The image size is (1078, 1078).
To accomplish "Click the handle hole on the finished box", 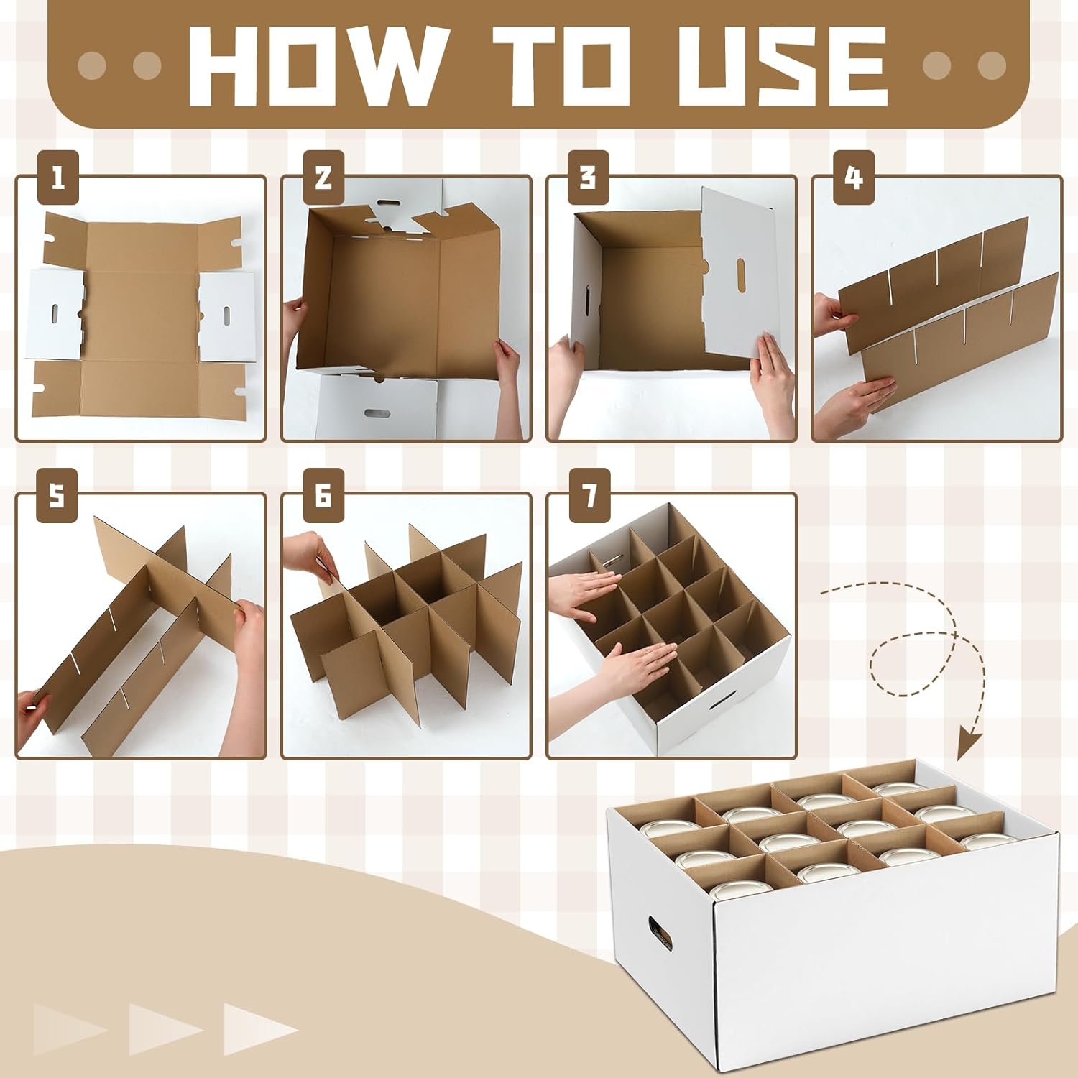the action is [660, 932].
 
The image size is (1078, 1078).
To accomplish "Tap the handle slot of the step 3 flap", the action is [741, 275].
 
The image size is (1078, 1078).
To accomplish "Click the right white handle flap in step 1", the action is [226, 316].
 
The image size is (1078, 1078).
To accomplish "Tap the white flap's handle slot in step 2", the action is [377, 414].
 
